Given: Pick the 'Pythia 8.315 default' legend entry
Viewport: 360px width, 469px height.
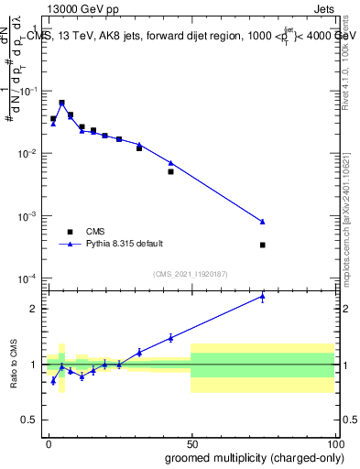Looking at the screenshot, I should pos(125,244).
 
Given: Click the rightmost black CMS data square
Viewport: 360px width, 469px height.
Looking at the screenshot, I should pos(263,245).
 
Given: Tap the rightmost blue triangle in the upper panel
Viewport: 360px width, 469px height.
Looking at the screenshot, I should pos(263,222).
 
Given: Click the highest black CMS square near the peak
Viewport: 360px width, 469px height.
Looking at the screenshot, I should pos(61,103).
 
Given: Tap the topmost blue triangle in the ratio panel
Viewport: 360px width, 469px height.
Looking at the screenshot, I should pos(263,296).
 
